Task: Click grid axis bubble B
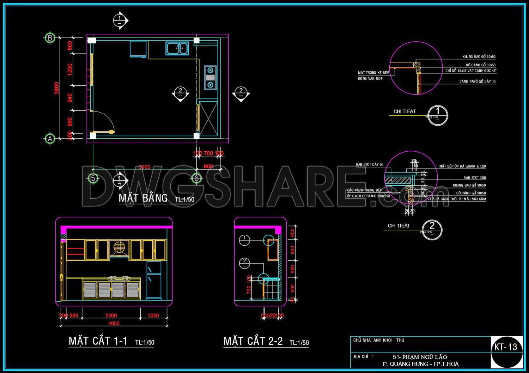50,38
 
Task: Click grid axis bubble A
50,139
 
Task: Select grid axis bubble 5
93,178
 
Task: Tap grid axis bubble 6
196,178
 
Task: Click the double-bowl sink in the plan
177,48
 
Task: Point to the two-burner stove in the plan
210,77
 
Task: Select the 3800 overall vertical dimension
57,88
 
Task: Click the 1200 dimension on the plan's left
70,69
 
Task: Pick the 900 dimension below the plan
208,166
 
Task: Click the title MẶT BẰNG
143,198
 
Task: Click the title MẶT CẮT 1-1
98,341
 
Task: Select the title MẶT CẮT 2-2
253,341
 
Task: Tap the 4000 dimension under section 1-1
114,323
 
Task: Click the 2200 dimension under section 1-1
111,315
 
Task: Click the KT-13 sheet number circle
506,351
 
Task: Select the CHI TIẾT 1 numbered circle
438,115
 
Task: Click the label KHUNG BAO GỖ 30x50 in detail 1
479,56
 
